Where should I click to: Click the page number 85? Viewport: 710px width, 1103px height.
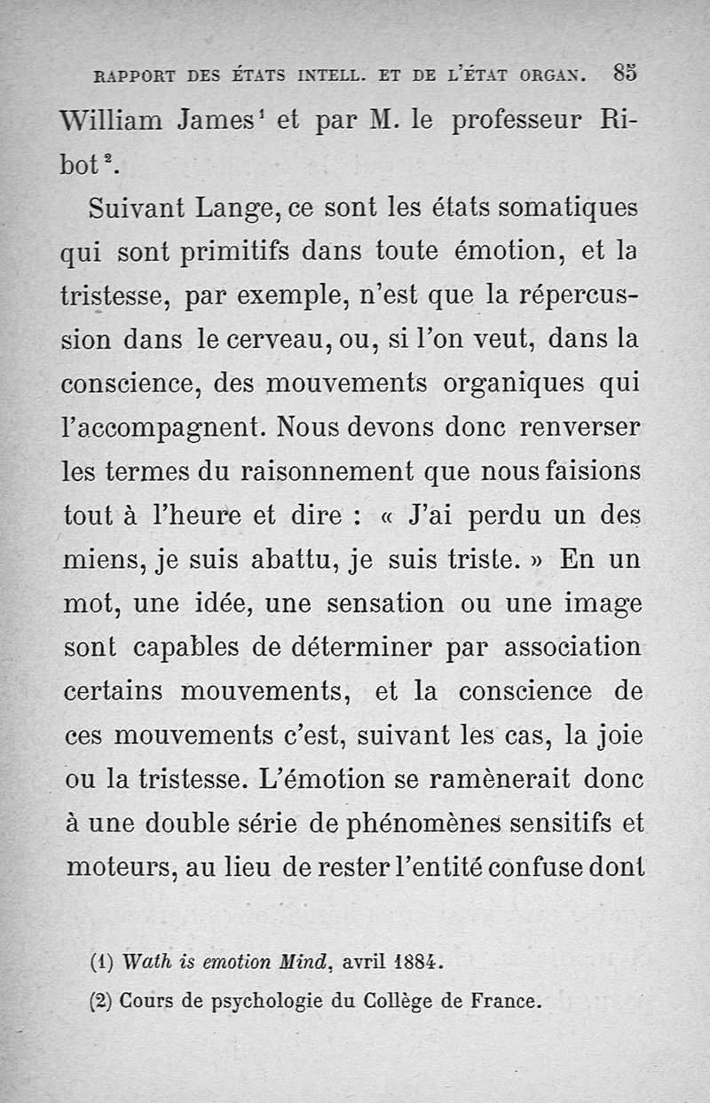[624, 75]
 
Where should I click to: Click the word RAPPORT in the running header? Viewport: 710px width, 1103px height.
[134, 77]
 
